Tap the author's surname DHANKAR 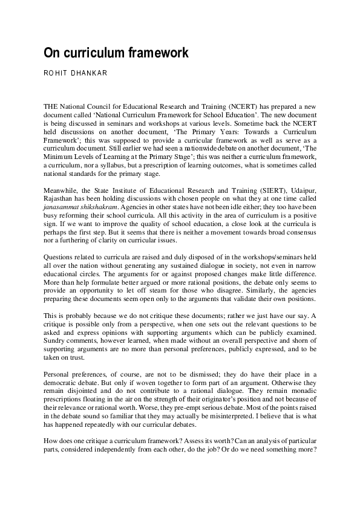point(90,73)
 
